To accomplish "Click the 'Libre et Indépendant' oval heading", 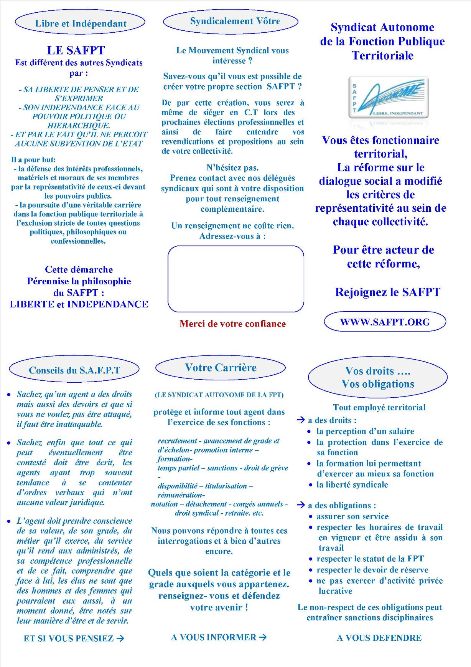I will point(80,23).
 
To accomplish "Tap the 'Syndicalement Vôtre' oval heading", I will point(231,21).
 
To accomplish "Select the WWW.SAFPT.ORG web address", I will point(385,322).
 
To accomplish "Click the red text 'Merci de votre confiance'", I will point(232,324).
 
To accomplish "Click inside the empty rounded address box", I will point(235,279).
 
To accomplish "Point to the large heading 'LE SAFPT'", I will point(76,50).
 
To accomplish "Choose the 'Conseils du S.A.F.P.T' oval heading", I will point(74,370).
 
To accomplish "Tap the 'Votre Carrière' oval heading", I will point(221,368).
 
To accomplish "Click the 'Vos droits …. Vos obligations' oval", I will point(378,377).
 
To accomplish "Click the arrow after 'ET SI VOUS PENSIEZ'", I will point(120,638).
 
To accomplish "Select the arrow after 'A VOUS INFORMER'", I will point(263,637).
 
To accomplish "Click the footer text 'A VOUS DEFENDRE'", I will point(379,638).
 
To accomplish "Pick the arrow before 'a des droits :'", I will point(301,420).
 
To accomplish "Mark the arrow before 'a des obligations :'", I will point(301,505).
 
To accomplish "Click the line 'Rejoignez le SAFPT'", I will point(387,292).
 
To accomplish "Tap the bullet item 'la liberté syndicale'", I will point(352,484).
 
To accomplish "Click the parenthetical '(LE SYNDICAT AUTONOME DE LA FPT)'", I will point(219,395).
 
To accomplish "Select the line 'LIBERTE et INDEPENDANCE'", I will point(79,304).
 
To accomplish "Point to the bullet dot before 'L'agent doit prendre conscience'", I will point(9,521).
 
